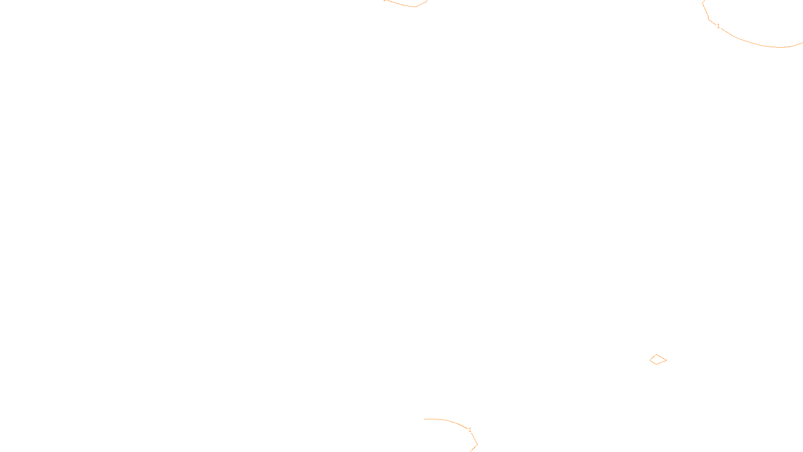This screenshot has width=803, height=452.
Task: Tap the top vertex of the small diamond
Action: coord(656,355)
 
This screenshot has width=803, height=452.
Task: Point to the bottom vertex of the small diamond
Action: coord(656,364)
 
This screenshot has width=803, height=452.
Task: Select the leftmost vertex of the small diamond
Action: coord(649,360)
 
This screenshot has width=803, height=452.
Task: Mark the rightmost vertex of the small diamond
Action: coord(666,360)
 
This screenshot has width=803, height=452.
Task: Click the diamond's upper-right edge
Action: coord(661,357)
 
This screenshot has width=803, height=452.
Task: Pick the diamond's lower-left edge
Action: coord(653,362)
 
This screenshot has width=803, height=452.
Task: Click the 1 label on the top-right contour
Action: coord(718,26)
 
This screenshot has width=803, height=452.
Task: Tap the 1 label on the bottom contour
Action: coord(470,430)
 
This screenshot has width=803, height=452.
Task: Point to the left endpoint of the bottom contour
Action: coord(424,419)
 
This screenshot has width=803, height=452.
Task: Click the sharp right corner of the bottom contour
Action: coord(477,445)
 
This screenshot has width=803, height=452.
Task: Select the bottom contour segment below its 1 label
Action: coord(474,439)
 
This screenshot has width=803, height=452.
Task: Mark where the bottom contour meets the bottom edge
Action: coord(470,451)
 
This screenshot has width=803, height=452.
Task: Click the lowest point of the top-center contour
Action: coord(415,7)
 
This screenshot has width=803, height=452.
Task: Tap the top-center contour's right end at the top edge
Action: coord(427,1)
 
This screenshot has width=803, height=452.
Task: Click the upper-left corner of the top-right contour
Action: coord(702,3)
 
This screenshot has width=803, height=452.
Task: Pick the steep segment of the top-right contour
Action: coord(706,12)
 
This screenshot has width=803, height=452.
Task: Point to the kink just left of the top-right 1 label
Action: coord(709,20)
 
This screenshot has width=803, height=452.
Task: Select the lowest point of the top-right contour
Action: coord(780,47)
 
